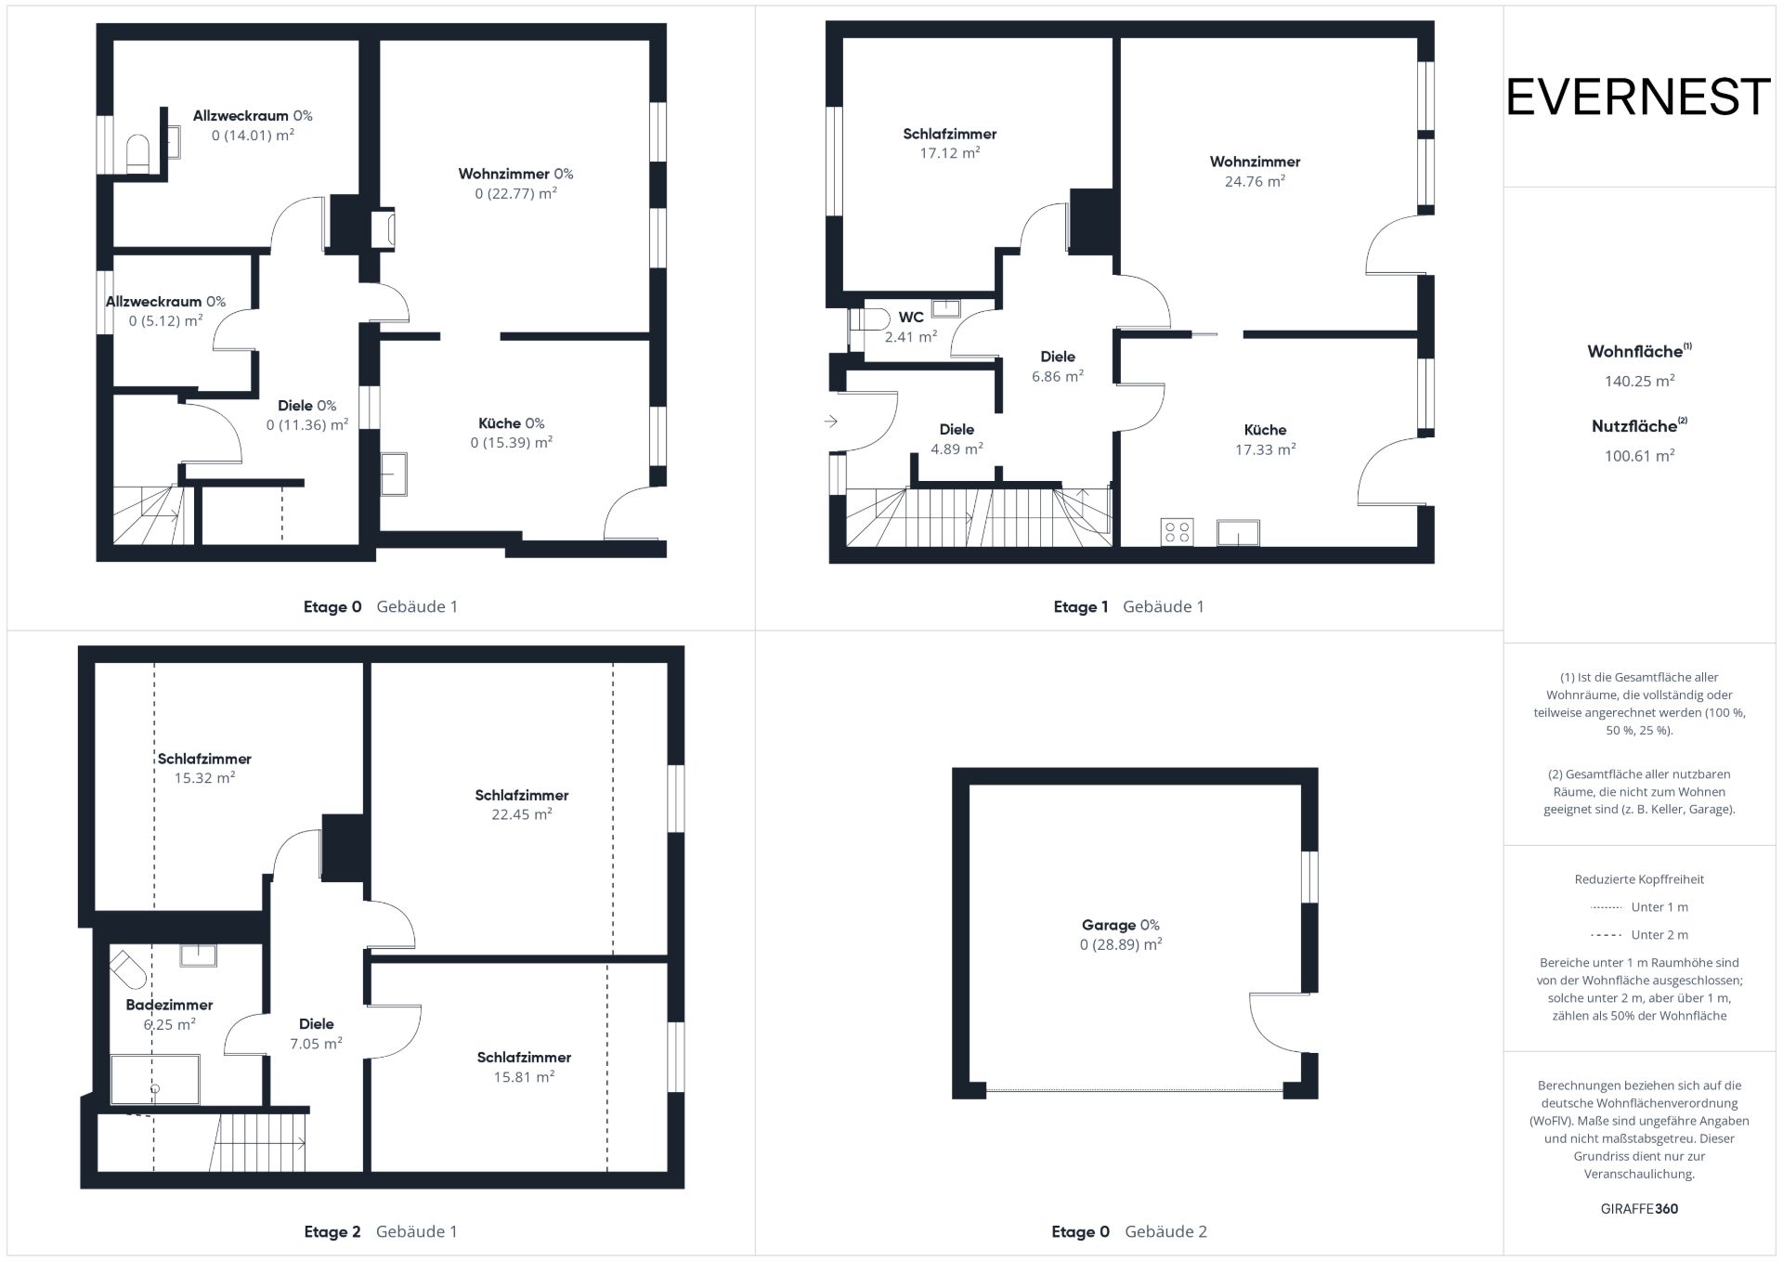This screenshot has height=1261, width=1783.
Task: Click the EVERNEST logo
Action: [1638, 97]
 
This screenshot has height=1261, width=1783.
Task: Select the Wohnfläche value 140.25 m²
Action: [1640, 381]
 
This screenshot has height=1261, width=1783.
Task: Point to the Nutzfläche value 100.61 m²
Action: [1640, 456]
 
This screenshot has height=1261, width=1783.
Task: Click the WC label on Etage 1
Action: [911, 318]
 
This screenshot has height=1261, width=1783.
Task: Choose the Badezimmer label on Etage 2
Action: [169, 1005]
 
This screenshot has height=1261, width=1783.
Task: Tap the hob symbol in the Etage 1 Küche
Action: [1178, 533]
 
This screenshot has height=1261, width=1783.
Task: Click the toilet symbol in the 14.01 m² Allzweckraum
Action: [137, 153]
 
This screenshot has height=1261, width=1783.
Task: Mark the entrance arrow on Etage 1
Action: [831, 422]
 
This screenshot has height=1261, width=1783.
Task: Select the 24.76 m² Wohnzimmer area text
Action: [1255, 182]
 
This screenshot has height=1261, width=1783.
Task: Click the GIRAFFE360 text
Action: [1639, 1209]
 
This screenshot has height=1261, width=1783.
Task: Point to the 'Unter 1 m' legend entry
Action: [1639, 907]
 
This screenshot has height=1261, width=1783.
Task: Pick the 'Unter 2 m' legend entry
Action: [1639, 935]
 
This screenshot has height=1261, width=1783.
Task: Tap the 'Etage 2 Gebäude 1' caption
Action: [381, 1232]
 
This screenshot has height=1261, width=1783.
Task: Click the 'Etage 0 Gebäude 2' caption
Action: [1129, 1232]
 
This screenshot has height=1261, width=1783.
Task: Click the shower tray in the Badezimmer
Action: [155, 1079]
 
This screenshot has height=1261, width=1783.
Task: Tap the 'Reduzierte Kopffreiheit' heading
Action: [1639, 879]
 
